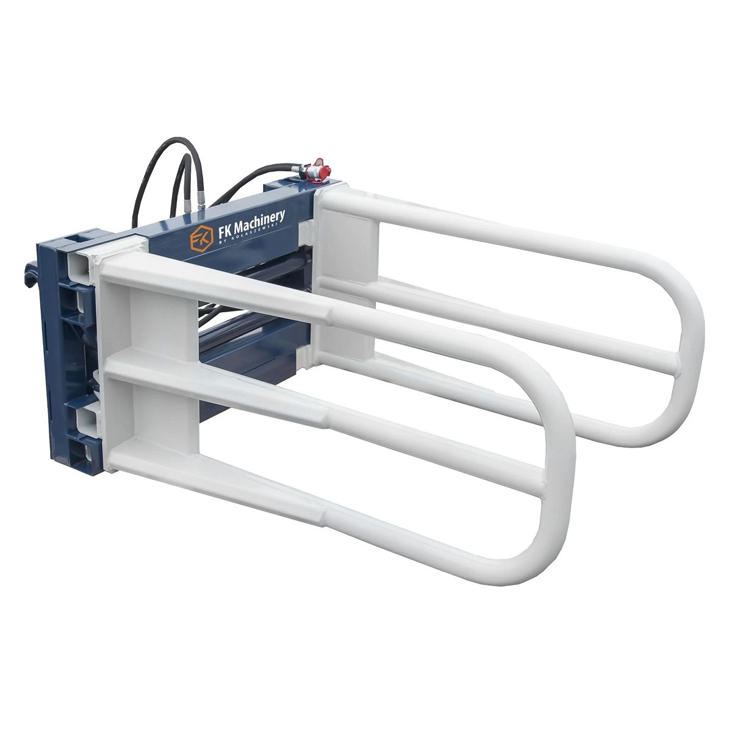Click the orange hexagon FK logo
pyautogui.click(x=201, y=238)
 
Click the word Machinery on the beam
pyautogui.click(x=259, y=223)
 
